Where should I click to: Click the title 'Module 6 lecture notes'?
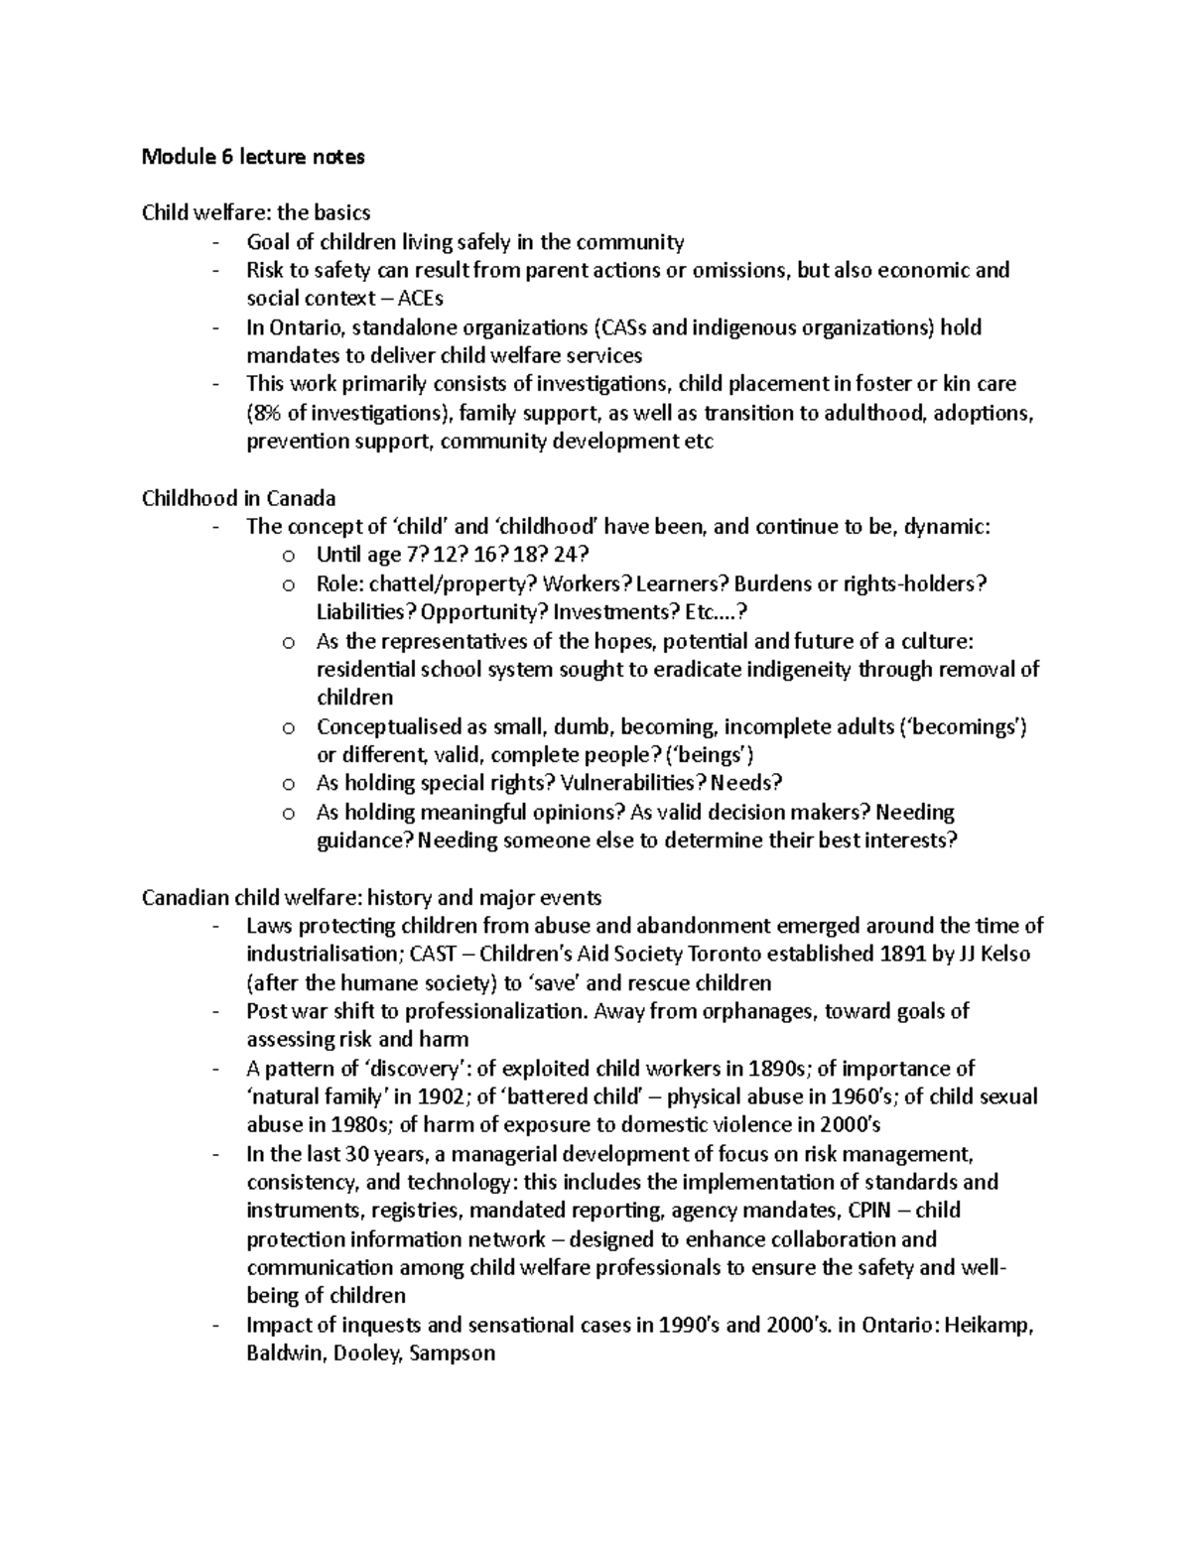pyautogui.click(x=253, y=156)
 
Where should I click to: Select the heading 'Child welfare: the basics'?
pyautogui.click(x=256, y=212)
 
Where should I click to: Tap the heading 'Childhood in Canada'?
pyautogui.click(x=239, y=498)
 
